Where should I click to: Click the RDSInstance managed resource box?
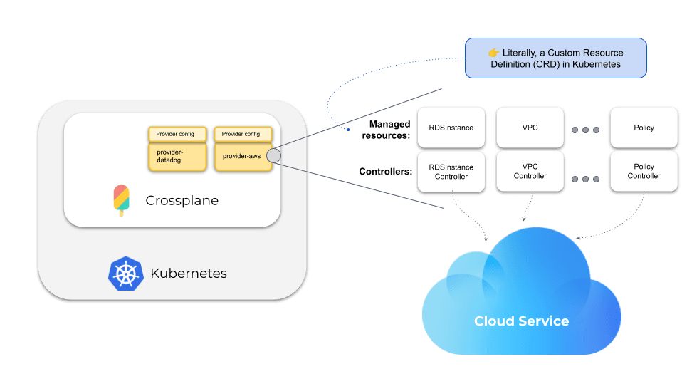coord(451,128)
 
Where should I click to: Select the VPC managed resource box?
coord(530,128)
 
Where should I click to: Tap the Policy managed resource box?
coord(644,128)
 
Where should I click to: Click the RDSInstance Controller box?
coord(451,172)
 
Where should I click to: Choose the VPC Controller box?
coord(530,172)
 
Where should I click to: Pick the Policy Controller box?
coord(644,172)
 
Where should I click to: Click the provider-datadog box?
coord(177,157)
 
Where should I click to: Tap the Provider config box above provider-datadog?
coord(177,134)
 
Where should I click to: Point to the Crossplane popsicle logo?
coord(121,200)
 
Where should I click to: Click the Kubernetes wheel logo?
coord(126,274)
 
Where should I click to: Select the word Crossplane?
coord(182,201)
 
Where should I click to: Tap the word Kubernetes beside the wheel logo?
coord(189,274)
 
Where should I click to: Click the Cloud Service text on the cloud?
coord(522,321)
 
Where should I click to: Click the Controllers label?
coord(385,172)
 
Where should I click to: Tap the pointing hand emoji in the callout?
coord(494,53)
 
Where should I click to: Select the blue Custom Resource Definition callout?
coord(555,58)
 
